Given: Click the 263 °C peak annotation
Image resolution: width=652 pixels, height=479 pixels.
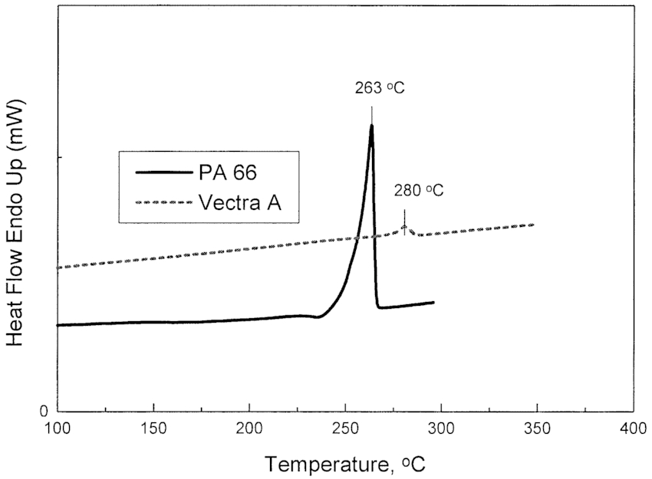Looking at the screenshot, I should pyautogui.click(x=379, y=88).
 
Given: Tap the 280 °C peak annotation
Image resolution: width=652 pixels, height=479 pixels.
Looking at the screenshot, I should pyautogui.click(x=418, y=190).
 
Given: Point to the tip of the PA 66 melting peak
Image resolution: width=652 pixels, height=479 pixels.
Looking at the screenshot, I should pyautogui.click(x=371, y=125).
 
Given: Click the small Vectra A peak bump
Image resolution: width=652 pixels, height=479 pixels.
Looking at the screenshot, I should pyautogui.click(x=405, y=228).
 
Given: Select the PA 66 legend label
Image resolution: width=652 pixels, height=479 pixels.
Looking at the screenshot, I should pyautogui.click(x=226, y=172).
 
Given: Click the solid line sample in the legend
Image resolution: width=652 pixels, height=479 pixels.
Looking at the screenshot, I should pyautogui.click(x=163, y=172).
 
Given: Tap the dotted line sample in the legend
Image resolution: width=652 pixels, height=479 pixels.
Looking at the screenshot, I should pyautogui.click(x=163, y=202).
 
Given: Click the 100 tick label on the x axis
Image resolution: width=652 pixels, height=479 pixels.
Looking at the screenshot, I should pyautogui.click(x=58, y=427).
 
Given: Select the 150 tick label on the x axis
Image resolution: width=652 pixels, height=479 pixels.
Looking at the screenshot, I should pyautogui.click(x=153, y=427).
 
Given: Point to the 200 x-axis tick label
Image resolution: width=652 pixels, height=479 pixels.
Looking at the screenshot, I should pyautogui.click(x=249, y=427).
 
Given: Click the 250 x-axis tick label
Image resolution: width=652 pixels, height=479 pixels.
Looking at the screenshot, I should pyautogui.click(x=345, y=427).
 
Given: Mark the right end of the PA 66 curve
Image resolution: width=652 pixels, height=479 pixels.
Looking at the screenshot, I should pyautogui.click(x=434, y=303).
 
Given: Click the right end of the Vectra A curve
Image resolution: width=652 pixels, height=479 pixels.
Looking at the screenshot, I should pyautogui.click(x=533, y=225).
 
